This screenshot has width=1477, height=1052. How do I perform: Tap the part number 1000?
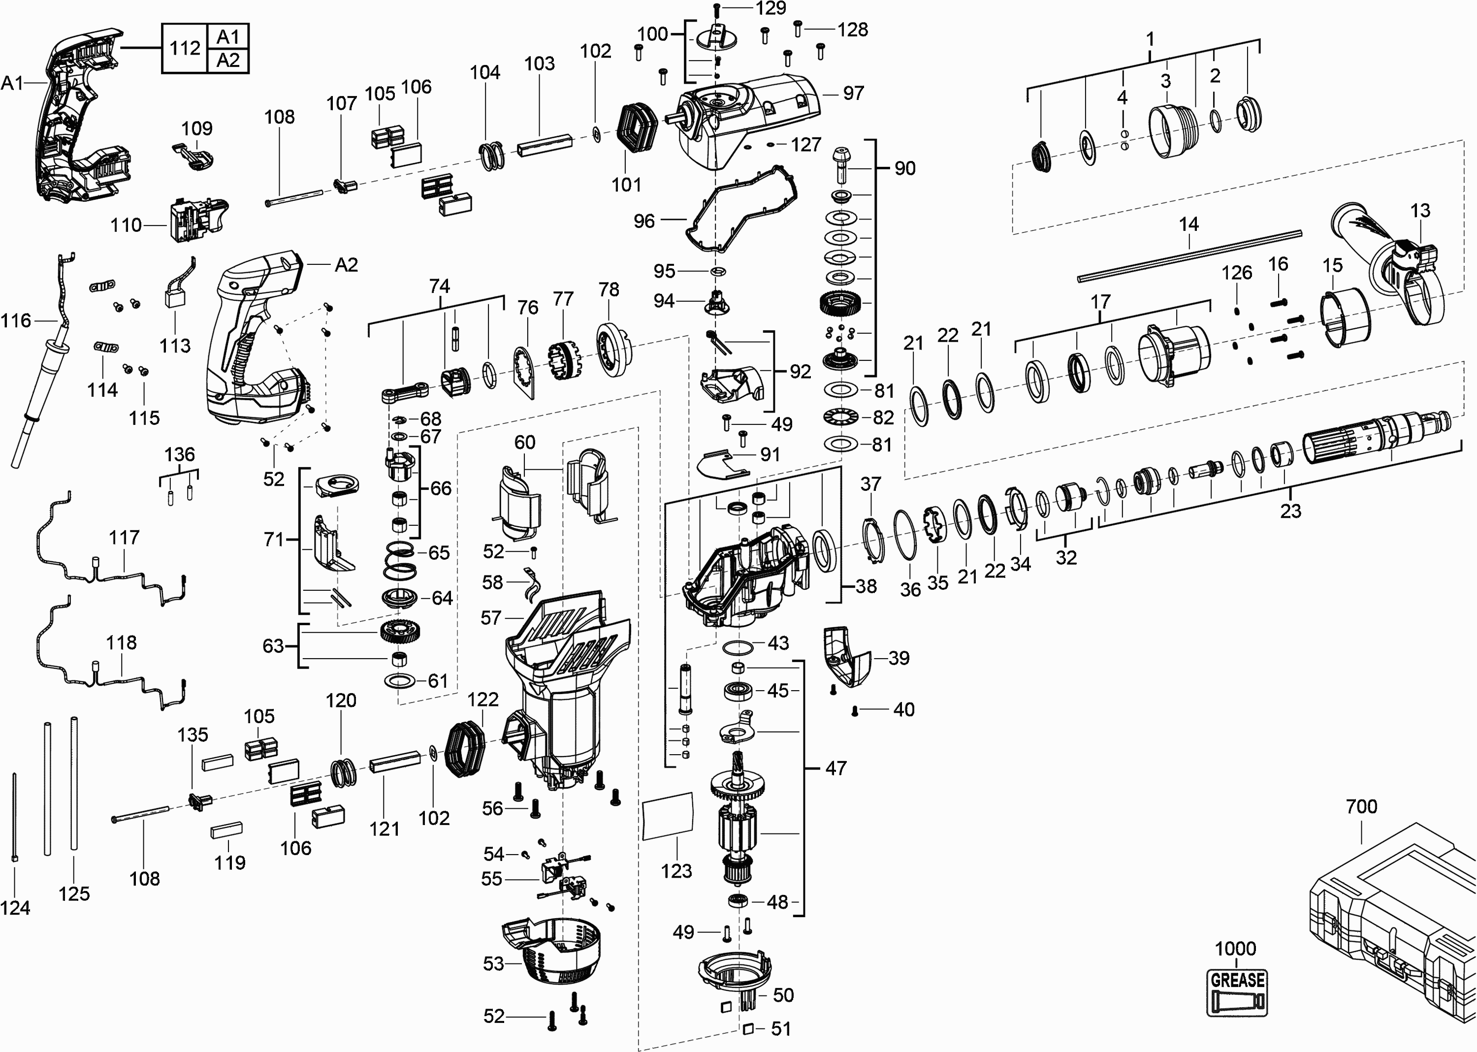[1235, 949]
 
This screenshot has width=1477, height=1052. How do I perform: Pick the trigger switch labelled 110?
[194, 218]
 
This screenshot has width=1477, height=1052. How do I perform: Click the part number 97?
[853, 93]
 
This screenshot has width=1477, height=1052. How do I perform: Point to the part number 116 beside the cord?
[16, 320]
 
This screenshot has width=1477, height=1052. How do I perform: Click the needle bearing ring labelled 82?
[840, 417]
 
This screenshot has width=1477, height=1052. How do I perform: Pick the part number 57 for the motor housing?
[490, 618]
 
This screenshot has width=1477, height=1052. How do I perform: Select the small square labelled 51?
[747, 1028]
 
